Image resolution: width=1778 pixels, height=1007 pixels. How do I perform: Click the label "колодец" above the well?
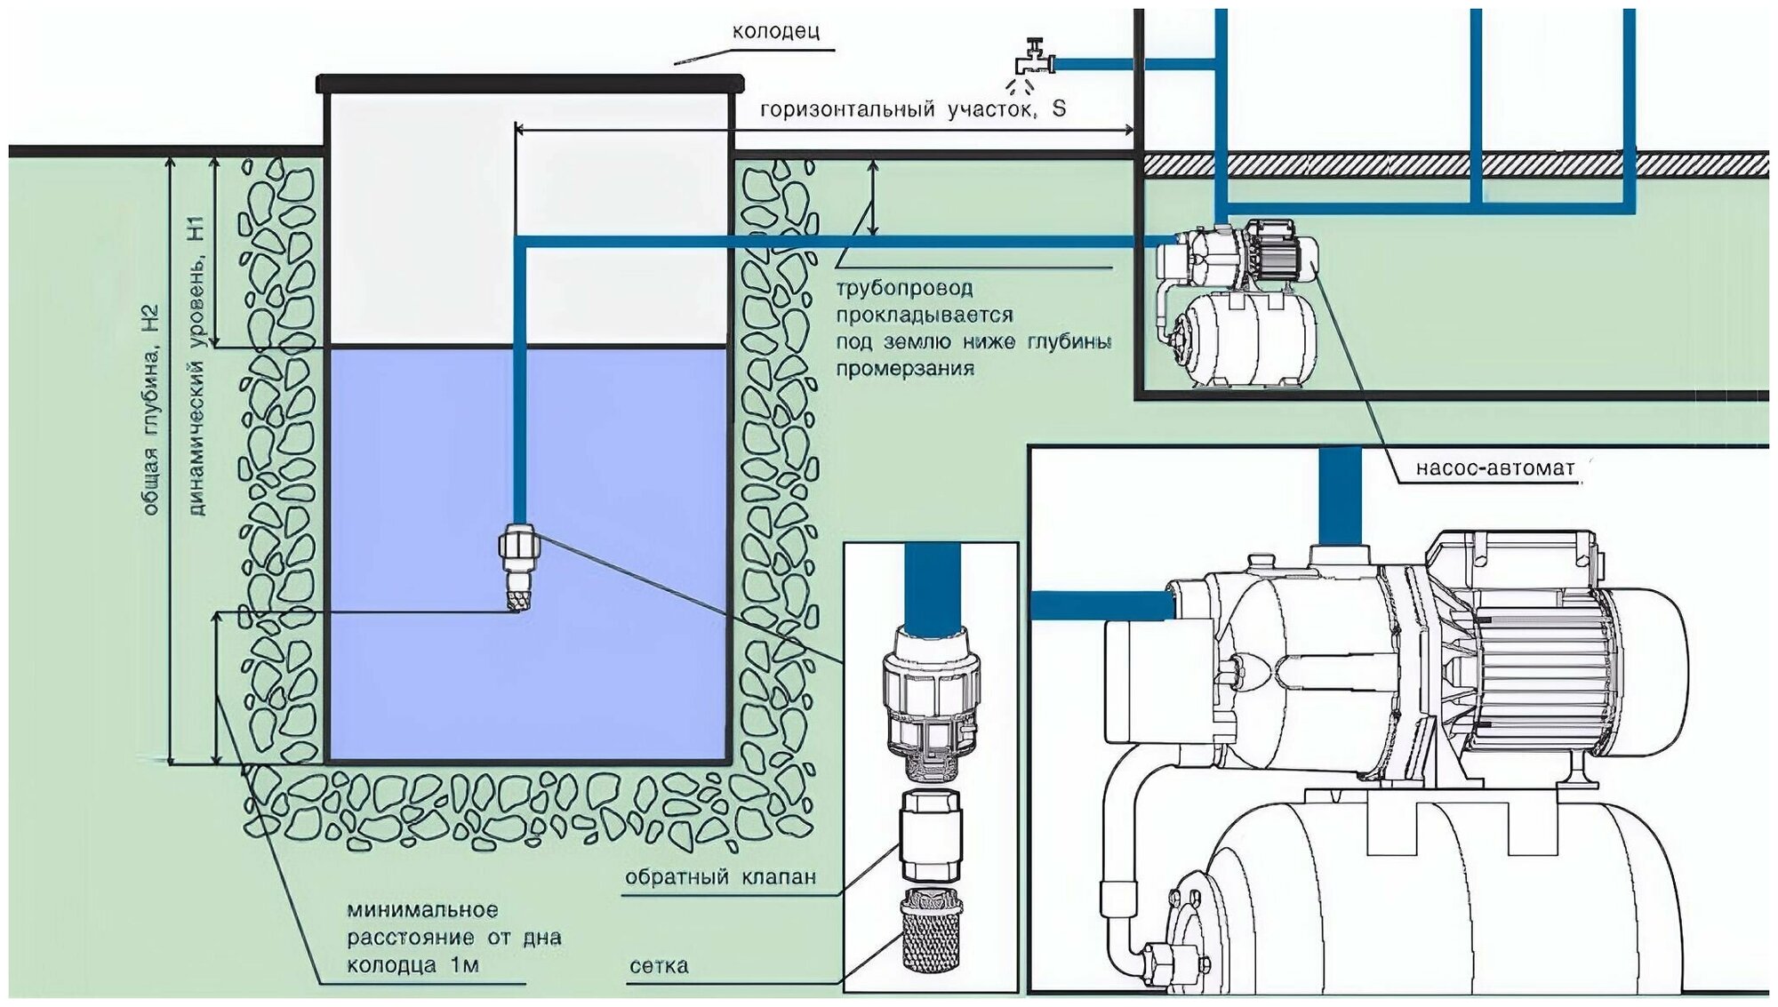775,32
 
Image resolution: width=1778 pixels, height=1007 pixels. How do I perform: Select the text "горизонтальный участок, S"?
912,109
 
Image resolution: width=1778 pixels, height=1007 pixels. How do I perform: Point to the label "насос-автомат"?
1494,468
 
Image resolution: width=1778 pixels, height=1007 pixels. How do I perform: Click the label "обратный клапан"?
720,877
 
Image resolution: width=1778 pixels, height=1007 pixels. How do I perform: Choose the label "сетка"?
659,966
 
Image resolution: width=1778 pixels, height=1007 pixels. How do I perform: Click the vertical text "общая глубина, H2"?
151,410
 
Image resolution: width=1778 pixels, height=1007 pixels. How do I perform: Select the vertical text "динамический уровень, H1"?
196,364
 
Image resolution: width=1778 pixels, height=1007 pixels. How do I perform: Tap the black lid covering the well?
530,84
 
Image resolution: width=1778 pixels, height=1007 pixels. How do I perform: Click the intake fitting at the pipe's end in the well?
519,565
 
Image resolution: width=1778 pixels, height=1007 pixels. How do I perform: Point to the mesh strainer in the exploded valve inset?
931,930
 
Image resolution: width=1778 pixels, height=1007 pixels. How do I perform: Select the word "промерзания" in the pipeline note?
905,369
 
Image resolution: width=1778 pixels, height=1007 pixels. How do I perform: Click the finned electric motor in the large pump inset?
1565,675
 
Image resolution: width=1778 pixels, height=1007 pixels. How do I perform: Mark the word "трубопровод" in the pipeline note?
905,288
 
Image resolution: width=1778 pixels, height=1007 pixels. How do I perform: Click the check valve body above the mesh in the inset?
931,835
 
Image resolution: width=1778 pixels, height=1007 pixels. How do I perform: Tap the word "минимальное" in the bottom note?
422,910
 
